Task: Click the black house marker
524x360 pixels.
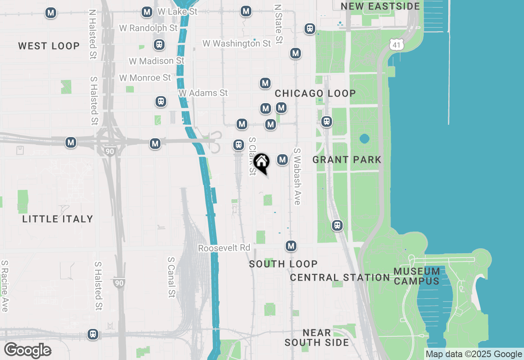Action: [x=261, y=162]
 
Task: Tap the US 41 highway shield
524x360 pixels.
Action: [x=396, y=44]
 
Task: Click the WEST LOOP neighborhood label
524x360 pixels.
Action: [x=49, y=46]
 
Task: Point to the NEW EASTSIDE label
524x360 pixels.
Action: [x=380, y=6]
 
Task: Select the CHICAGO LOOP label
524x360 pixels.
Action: [x=315, y=93]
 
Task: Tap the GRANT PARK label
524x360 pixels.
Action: [x=347, y=160]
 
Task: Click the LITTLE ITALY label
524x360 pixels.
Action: [x=58, y=219]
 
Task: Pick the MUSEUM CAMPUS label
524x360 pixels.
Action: [x=417, y=276]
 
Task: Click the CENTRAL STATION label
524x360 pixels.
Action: [x=340, y=277]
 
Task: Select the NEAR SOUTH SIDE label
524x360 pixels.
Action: [x=317, y=337]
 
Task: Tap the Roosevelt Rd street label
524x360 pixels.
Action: [x=224, y=248]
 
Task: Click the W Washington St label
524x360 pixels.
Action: [x=237, y=43]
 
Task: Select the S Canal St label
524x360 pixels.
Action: [x=172, y=277]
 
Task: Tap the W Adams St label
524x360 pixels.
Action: [x=203, y=93]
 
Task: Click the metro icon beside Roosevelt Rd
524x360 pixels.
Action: [x=291, y=246]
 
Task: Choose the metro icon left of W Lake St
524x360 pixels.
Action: [x=147, y=12]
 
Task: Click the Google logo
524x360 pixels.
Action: [x=27, y=350]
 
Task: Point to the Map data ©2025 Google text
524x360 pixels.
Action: [x=474, y=354]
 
